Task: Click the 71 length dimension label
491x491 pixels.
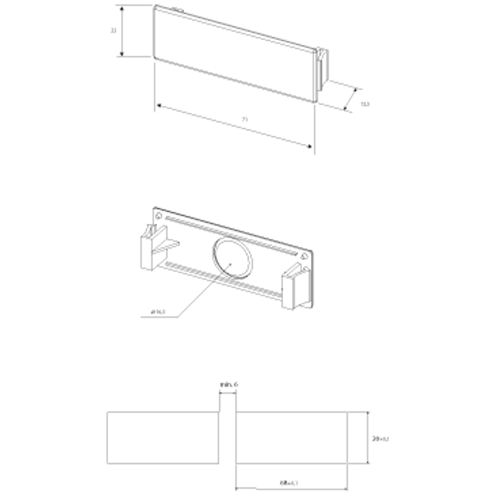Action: click(x=245, y=120)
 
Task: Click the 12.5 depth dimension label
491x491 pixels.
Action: click(x=365, y=104)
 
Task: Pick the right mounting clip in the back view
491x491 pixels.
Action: click(x=293, y=291)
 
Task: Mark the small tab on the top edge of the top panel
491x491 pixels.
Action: click(x=177, y=9)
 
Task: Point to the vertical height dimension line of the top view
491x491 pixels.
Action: click(x=122, y=31)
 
